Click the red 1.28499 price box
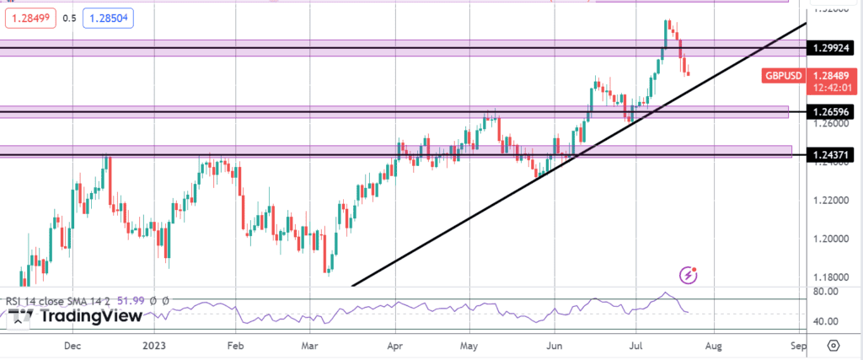[29, 18]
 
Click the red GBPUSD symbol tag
[783, 76]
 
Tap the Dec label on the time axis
[72, 346]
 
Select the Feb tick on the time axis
[235, 346]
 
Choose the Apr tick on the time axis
[394, 346]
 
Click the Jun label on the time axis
[555, 346]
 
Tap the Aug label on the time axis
[713, 346]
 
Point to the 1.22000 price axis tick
[829, 201]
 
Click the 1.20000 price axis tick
[829, 239]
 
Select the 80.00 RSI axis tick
[824, 292]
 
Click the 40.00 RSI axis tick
[824, 322]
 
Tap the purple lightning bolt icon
[689, 274]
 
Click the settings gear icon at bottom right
[833, 346]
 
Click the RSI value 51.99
[134, 300]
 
